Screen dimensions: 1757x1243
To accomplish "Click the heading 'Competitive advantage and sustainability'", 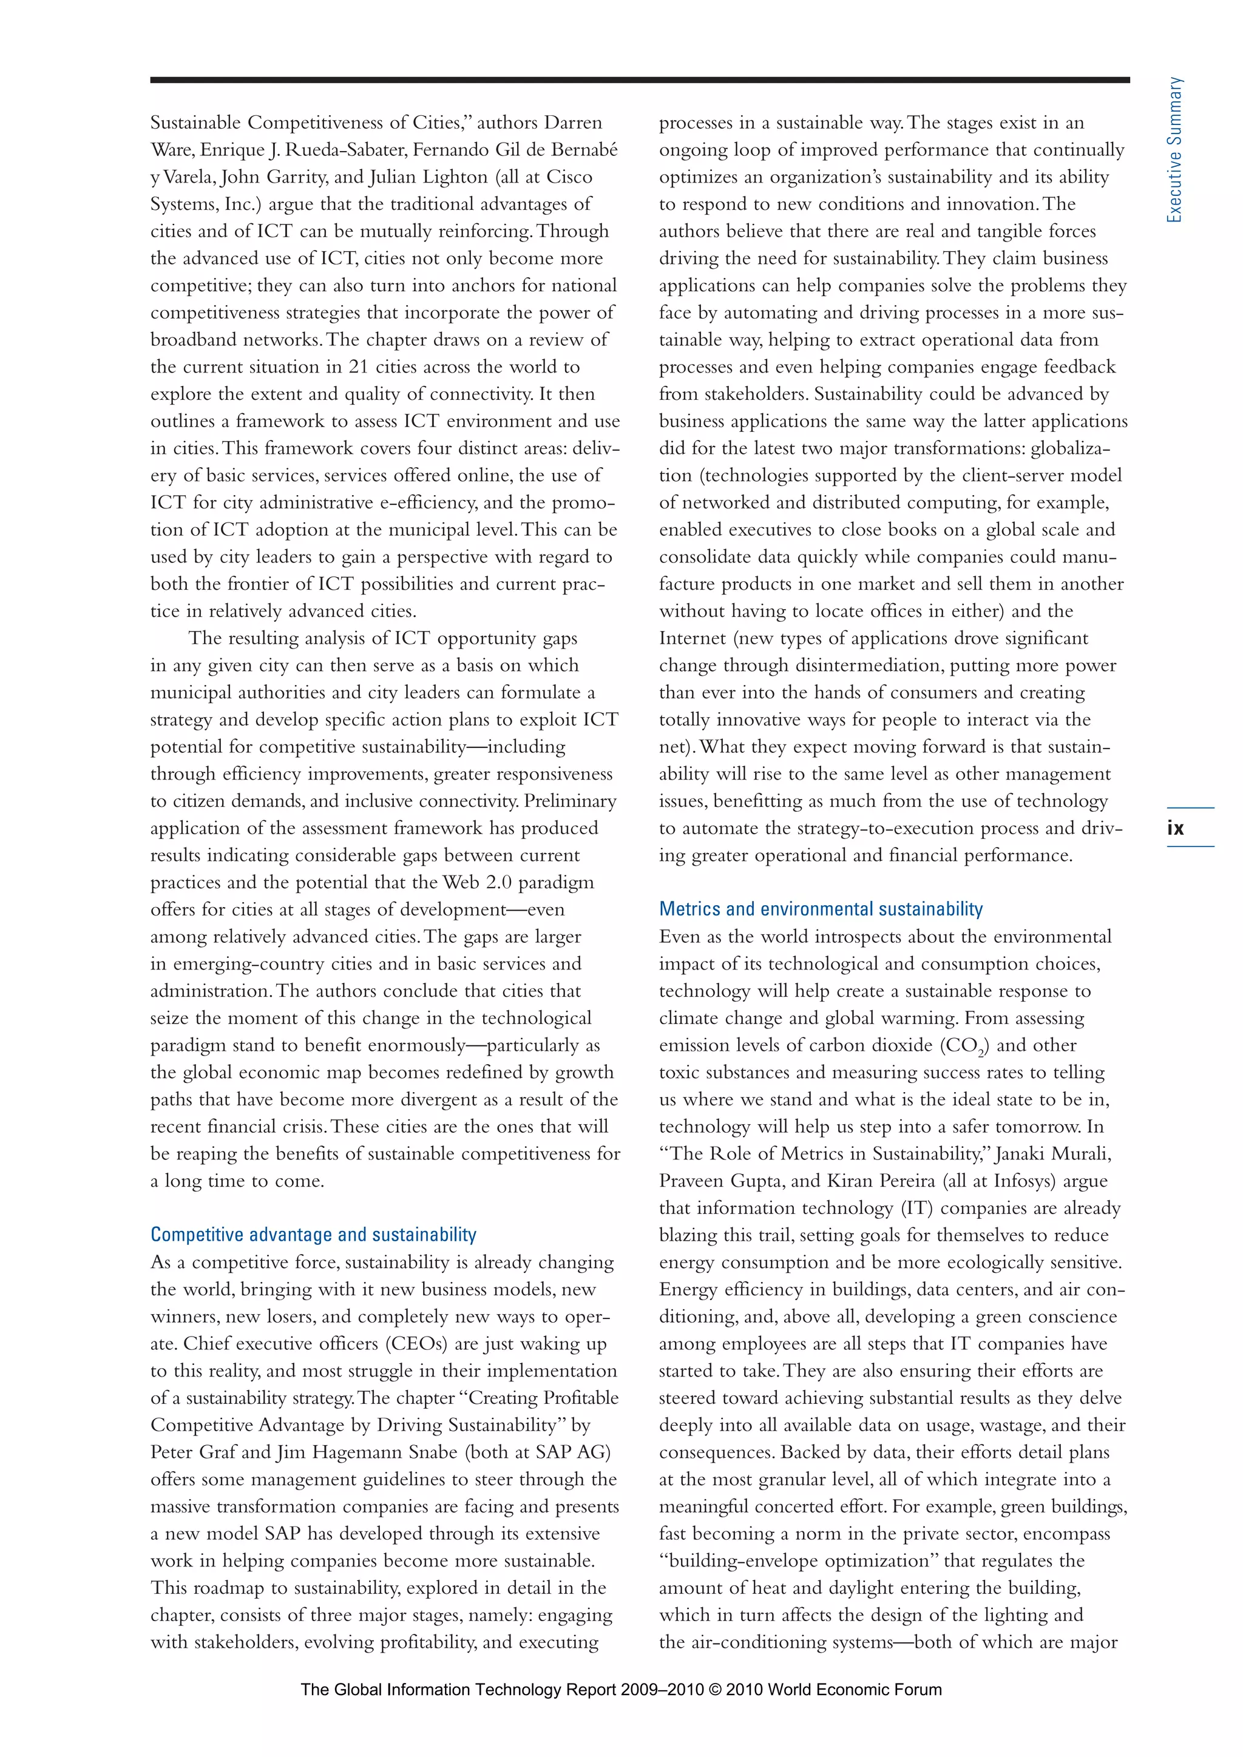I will (x=313, y=1235).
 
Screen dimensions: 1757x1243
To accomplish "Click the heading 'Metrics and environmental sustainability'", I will (x=821, y=909).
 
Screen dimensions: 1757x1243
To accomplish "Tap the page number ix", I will (x=1175, y=828).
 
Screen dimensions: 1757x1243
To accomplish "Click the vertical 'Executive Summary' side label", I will (x=1174, y=150).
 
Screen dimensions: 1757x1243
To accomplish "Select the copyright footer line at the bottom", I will (x=621, y=1690).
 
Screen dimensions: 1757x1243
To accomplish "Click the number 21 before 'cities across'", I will (x=358, y=366).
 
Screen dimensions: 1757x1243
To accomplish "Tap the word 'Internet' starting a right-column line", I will (x=692, y=638).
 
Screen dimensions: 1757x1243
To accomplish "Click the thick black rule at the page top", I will (x=639, y=79).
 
